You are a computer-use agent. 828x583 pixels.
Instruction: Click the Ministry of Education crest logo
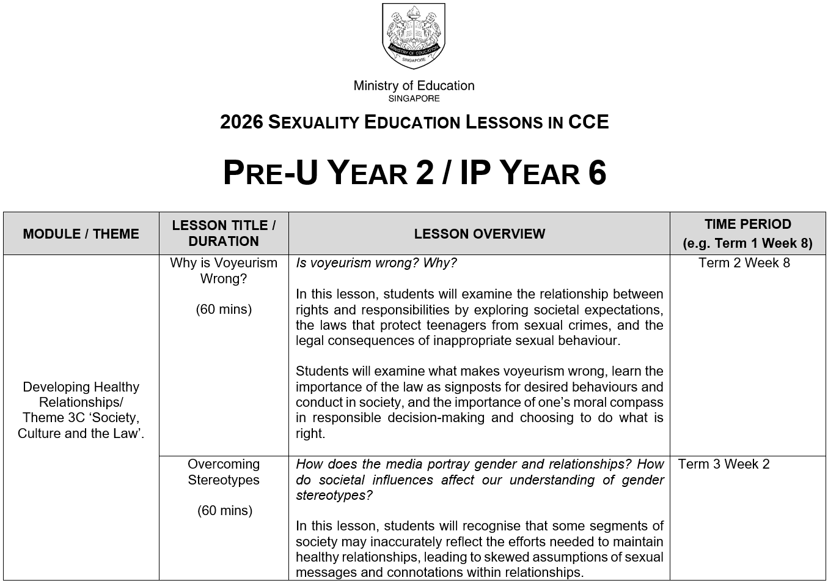pyautogui.click(x=414, y=35)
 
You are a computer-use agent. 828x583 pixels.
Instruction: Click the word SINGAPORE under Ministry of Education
pyautogui.click(x=414, y=98)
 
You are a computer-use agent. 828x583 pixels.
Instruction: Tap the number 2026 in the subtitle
pyautogui.click(x=241, y=122)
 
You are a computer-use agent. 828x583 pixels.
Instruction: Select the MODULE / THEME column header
pyautogui.click(x=81, y=234)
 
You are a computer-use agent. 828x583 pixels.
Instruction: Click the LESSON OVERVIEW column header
pyautogui.click(x=479, y=234)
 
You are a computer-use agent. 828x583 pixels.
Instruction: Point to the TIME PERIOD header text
pyautogui.click(x=747, y=225)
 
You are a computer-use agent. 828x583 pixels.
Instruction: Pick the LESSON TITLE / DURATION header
pyautogui.click(x=224, y=233)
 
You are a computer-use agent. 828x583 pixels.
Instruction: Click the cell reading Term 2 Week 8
pyautogui.click(x=744, y=263)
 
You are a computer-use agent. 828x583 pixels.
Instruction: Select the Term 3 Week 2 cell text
pyautogui.click(x=724, y=464)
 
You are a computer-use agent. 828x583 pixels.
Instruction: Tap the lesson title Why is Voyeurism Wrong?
pyautogui.click(x=224, y=270)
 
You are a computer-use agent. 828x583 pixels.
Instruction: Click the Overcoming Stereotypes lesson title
pyautogui.click(x=224, y=472)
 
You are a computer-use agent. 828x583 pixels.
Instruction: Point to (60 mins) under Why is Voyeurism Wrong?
pyautogui.click(x=224, y=310)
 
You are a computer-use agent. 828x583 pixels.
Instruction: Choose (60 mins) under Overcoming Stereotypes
pyautogui.click(x=224, y=511)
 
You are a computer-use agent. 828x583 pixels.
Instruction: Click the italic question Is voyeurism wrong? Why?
pyautogui.click(x=376, y=263)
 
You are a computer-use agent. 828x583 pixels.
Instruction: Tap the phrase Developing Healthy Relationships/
pyautogui.click(x=81, y=395)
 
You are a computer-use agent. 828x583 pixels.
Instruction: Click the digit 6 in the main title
pyautogui.click(x=597, y=173)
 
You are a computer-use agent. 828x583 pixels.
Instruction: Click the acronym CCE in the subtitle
pyautogui.click(x=588, y=122)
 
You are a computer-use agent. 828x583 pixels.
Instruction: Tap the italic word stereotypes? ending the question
pyautogui.click(x=334, y=496)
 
